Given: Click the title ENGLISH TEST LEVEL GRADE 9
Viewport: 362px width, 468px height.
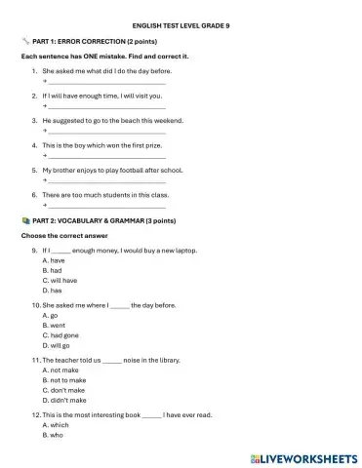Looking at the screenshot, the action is click(x=181, y=26).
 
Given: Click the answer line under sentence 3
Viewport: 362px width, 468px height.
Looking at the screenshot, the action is click(x=106, y=132).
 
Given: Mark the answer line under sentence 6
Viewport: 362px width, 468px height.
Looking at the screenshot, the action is click(x=106, y=206).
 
